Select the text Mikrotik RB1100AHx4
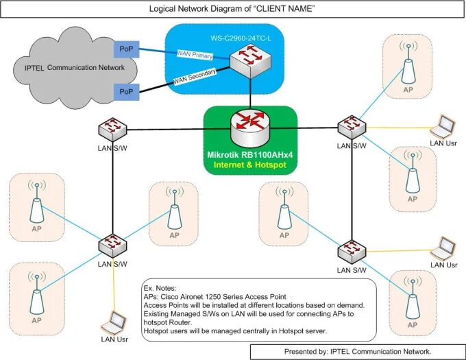click(249, 156)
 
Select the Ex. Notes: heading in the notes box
click(159, 288)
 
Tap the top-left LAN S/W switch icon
click(111, 128)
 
